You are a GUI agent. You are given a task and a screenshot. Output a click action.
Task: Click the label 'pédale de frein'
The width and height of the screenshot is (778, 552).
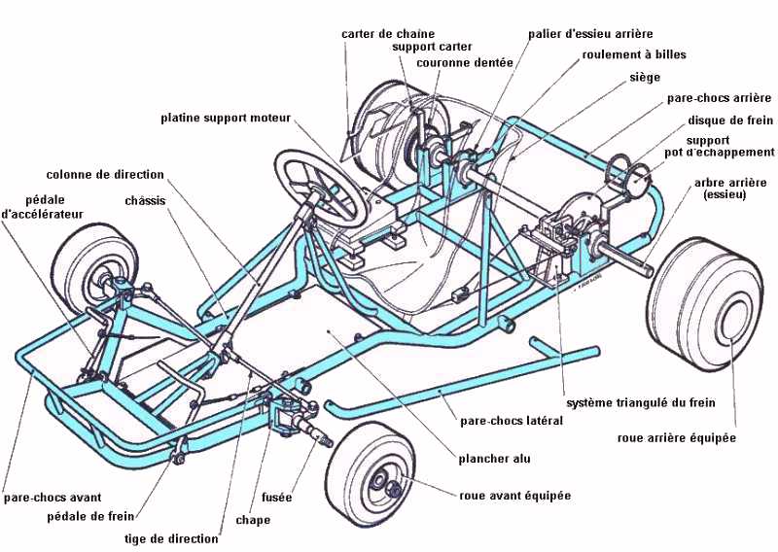(x=89, y=516)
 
